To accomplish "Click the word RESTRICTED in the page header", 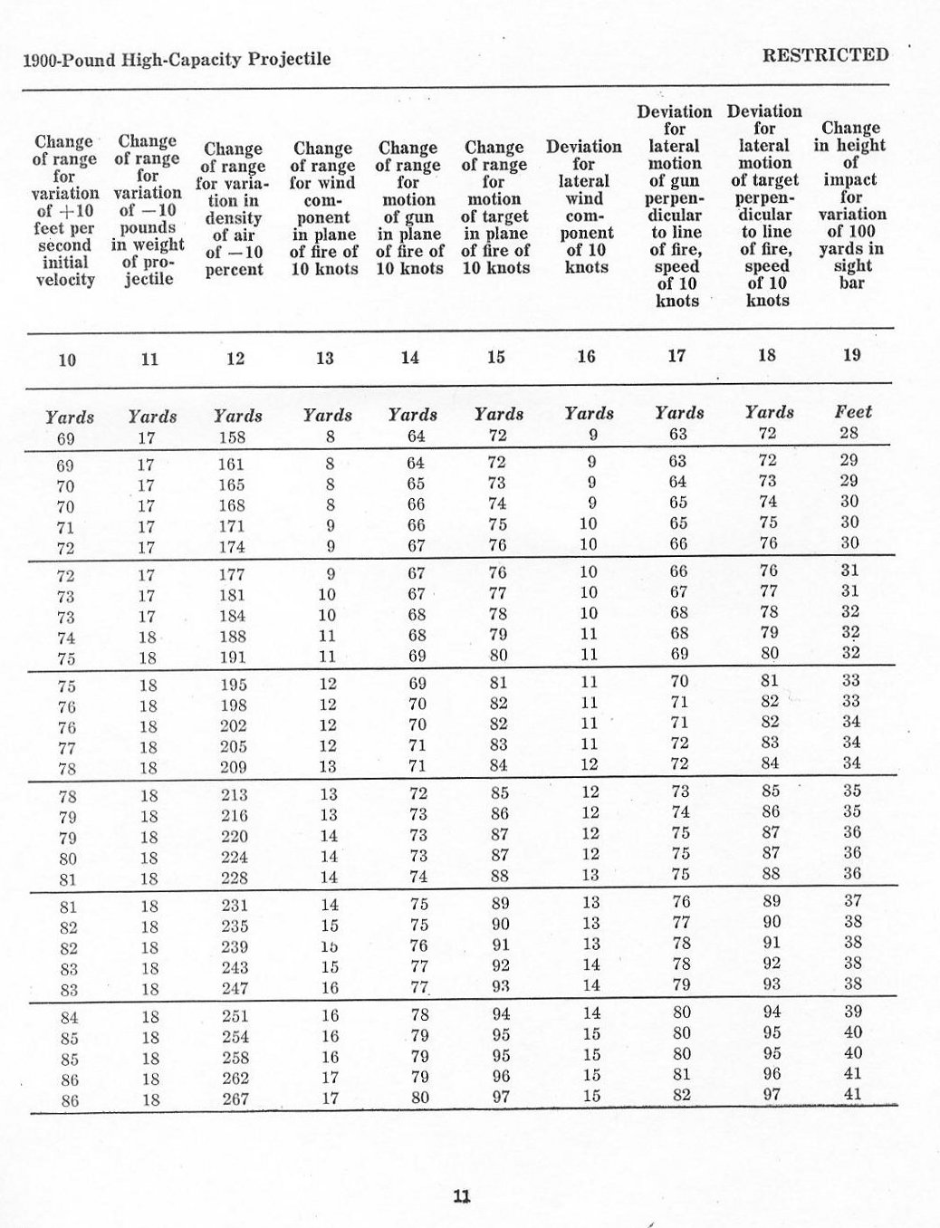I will tap(825, 54).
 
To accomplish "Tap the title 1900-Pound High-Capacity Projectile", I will tap(176, 60).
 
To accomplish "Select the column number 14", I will tap(410, 358).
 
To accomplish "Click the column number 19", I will tap(851, 355).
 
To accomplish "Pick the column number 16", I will tap(586, 357).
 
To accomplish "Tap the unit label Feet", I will tap(852, 412).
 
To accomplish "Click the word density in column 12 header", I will tap(234, 218).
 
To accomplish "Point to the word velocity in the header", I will tap(64, 279).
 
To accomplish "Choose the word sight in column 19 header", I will tap(852, 265).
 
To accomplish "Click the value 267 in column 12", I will tap(235, 1099).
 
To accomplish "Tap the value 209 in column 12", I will tap(235, 768).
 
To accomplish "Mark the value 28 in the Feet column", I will tap(849, 433).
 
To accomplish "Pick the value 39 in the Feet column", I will tap(852, 1012).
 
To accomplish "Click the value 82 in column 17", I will tap(682, 1094).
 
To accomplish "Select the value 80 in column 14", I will tap(419, 1098).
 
